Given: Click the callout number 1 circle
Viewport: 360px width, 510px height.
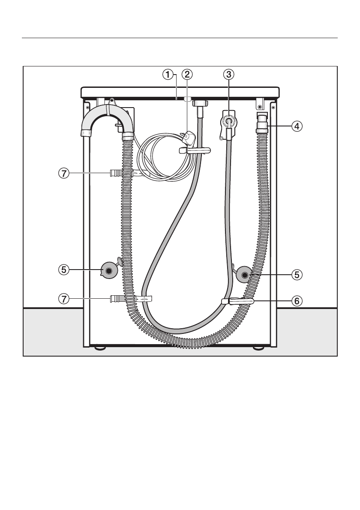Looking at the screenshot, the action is [168, 75].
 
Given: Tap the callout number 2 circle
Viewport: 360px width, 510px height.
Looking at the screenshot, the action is [187, 75].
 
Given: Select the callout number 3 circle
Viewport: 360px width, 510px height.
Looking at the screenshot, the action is [228, 75].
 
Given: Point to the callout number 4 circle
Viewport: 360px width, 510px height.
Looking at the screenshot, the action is [297, 126].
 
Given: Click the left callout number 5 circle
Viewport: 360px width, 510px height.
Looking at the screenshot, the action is [64, 270].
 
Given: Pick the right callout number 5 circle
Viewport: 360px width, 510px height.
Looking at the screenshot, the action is [297, 275].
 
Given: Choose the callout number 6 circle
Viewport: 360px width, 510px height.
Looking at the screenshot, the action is [297, 301].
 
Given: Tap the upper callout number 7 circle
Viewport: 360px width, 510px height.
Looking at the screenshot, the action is [64, 174].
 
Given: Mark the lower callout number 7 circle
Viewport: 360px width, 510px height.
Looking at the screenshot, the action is [64, 299].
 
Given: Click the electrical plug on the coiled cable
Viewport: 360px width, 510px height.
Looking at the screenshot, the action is [189, 138].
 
